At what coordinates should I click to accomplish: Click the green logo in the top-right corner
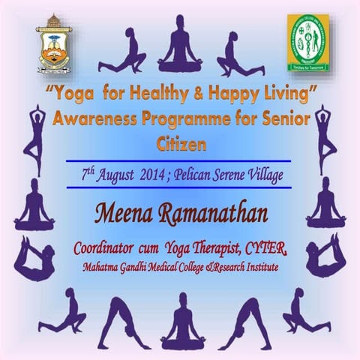(x=307, y=42)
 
